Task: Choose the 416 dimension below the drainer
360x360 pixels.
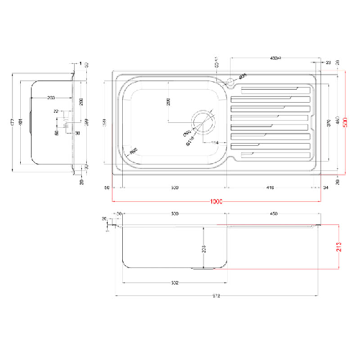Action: pyautogui.click(x=270, y=188)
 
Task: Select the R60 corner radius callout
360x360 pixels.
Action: pyautogui.click(x=134, y=152)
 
